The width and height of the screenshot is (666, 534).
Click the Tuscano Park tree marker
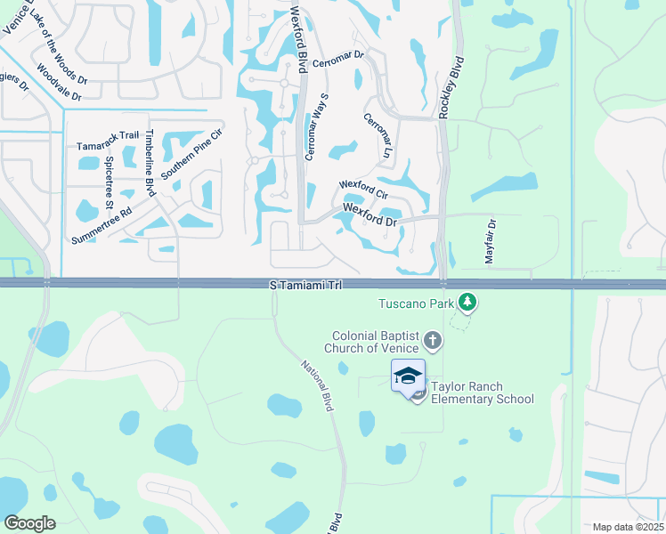467,303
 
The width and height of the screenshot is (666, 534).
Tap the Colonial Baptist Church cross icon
432,340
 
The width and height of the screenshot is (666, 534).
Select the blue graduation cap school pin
408,375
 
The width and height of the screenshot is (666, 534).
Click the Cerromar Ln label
378,135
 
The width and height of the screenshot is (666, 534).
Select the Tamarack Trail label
108,136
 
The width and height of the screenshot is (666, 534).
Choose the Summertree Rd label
102,227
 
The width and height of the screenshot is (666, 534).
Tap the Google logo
29,522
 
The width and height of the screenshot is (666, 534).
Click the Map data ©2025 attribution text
627,527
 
